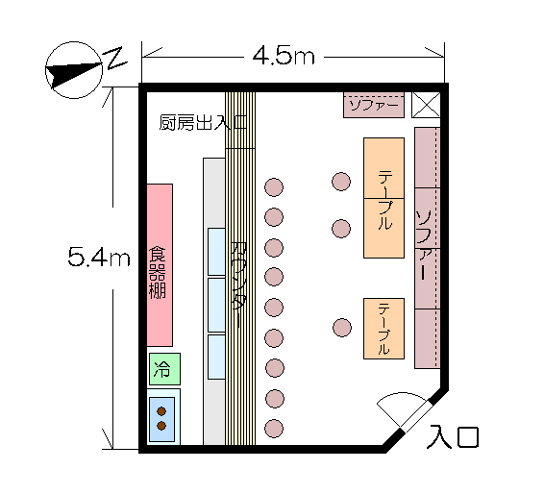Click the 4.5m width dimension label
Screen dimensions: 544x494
(284, 56)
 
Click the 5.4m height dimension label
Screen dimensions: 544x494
(99, 257)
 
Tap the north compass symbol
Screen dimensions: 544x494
(74, 70)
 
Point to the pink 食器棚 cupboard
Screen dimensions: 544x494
(160, 265)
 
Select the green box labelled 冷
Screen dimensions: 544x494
(164, 369)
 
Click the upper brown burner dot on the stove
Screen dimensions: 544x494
(161, 411)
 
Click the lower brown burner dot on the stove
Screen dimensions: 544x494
(161, 426)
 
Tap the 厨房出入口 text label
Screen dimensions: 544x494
(203, 122)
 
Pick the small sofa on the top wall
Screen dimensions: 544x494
(374, 105)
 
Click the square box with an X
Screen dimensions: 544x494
(426, 105)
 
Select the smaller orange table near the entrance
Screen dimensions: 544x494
(383, 328)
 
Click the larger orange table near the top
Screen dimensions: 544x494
(383, 198)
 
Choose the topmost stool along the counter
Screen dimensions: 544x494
(274, 187)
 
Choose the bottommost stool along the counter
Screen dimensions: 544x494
(274, 429)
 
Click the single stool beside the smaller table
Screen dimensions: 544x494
(342, 328)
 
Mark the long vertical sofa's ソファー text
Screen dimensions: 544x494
(424, 244)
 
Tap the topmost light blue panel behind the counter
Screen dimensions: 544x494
(216, 252)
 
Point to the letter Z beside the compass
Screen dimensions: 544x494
(114, 58)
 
